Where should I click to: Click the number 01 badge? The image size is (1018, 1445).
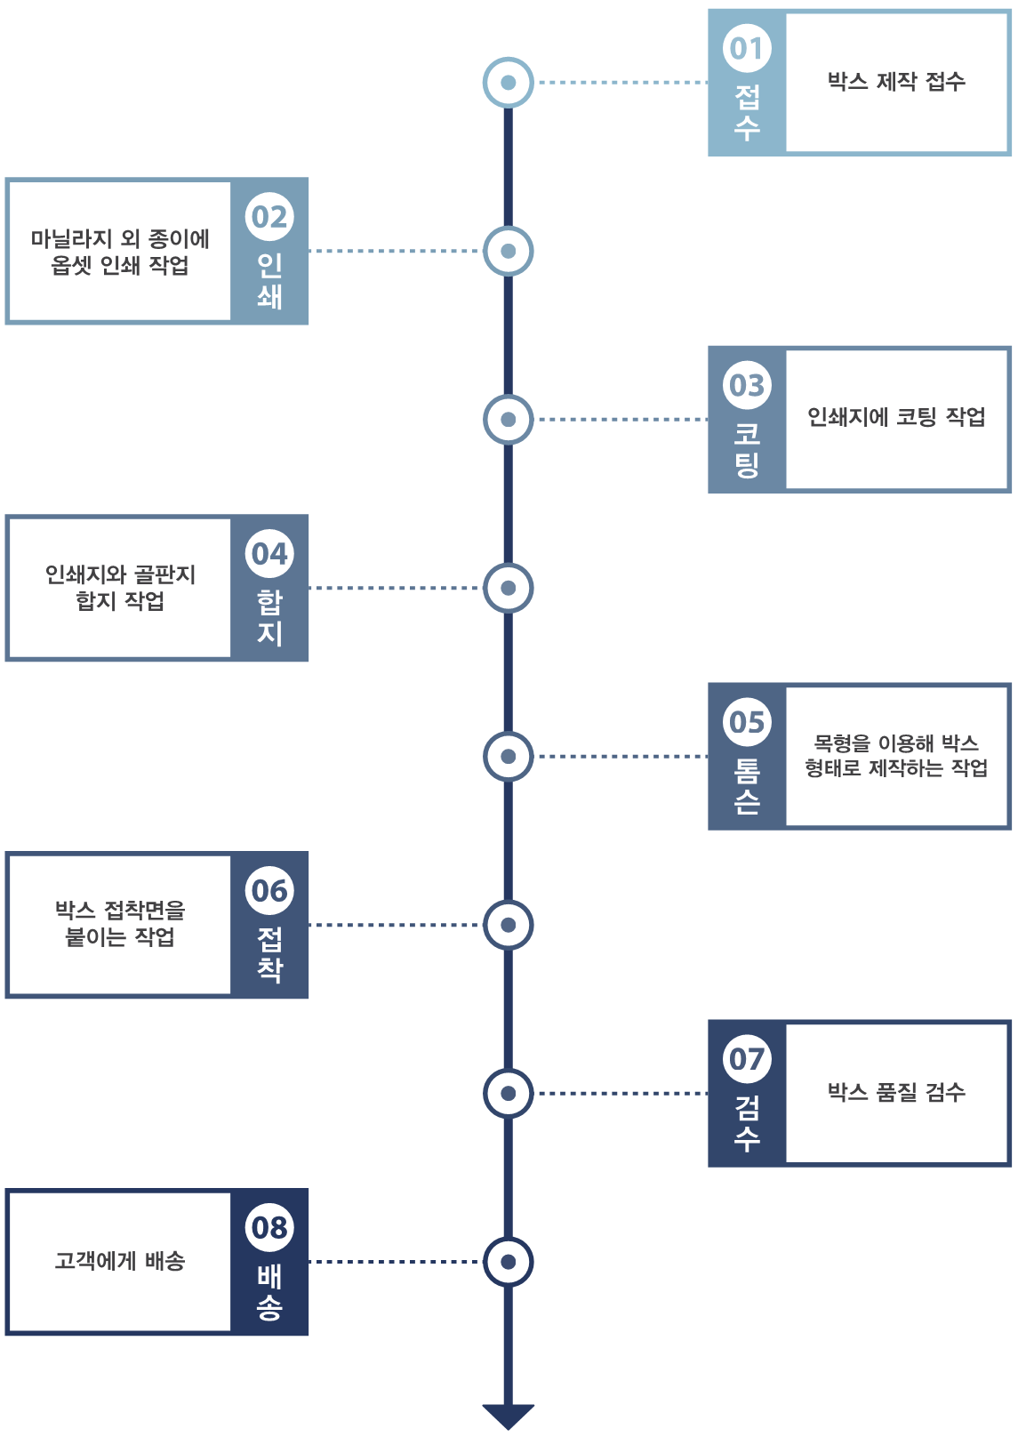coord(747,48)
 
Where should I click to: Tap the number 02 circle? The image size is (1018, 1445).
coord(269,217)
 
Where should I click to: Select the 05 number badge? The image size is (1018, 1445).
coord(747,722)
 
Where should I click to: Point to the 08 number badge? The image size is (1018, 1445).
coord(269,1228)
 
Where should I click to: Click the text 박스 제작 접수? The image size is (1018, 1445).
coord(896,82)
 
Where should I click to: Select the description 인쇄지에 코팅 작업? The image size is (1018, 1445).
coord(896,417)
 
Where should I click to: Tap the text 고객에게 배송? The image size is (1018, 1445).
coord(120,1261)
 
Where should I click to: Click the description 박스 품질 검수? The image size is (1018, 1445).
coord(896,1092)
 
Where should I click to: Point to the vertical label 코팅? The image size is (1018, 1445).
coord(747,449)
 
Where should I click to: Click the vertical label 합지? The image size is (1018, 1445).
coord(269,617)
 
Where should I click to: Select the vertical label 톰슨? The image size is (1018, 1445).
coord(747,786)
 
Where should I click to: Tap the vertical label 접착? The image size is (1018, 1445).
coord(269,954)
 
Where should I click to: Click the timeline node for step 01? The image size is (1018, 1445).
coord(509,83)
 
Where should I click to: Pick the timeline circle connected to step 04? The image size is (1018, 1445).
coord(509,588)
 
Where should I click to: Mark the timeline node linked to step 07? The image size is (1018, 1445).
coord(509,1093)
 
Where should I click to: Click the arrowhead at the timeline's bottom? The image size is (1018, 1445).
coord(509,1416)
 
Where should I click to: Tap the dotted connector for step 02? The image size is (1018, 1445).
coord(396,251)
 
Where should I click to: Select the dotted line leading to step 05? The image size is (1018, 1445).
coord(622,757)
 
